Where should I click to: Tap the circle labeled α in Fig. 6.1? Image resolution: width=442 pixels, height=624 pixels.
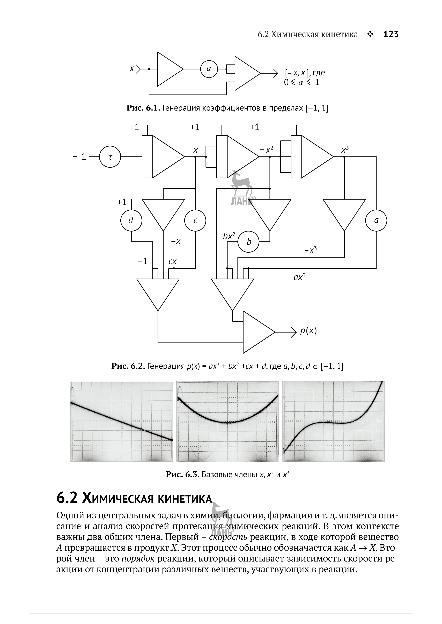[x=209, y=69]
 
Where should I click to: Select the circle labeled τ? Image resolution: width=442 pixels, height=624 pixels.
[x=110, y=157]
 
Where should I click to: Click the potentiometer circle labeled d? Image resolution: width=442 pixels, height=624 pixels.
[x=131, y=220]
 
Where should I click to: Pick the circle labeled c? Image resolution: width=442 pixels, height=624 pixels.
[x=195, y=220]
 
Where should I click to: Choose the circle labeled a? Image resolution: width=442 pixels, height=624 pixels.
[x=376, y=220]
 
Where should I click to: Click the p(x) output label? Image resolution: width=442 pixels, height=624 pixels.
[x=308, y=331]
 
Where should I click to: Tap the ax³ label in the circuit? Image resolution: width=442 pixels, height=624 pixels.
[x=299, y=277]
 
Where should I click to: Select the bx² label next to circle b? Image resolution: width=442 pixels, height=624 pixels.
[x=229, y=236]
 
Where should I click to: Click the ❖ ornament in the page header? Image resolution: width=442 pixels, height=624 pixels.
[x=370, y=34]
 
